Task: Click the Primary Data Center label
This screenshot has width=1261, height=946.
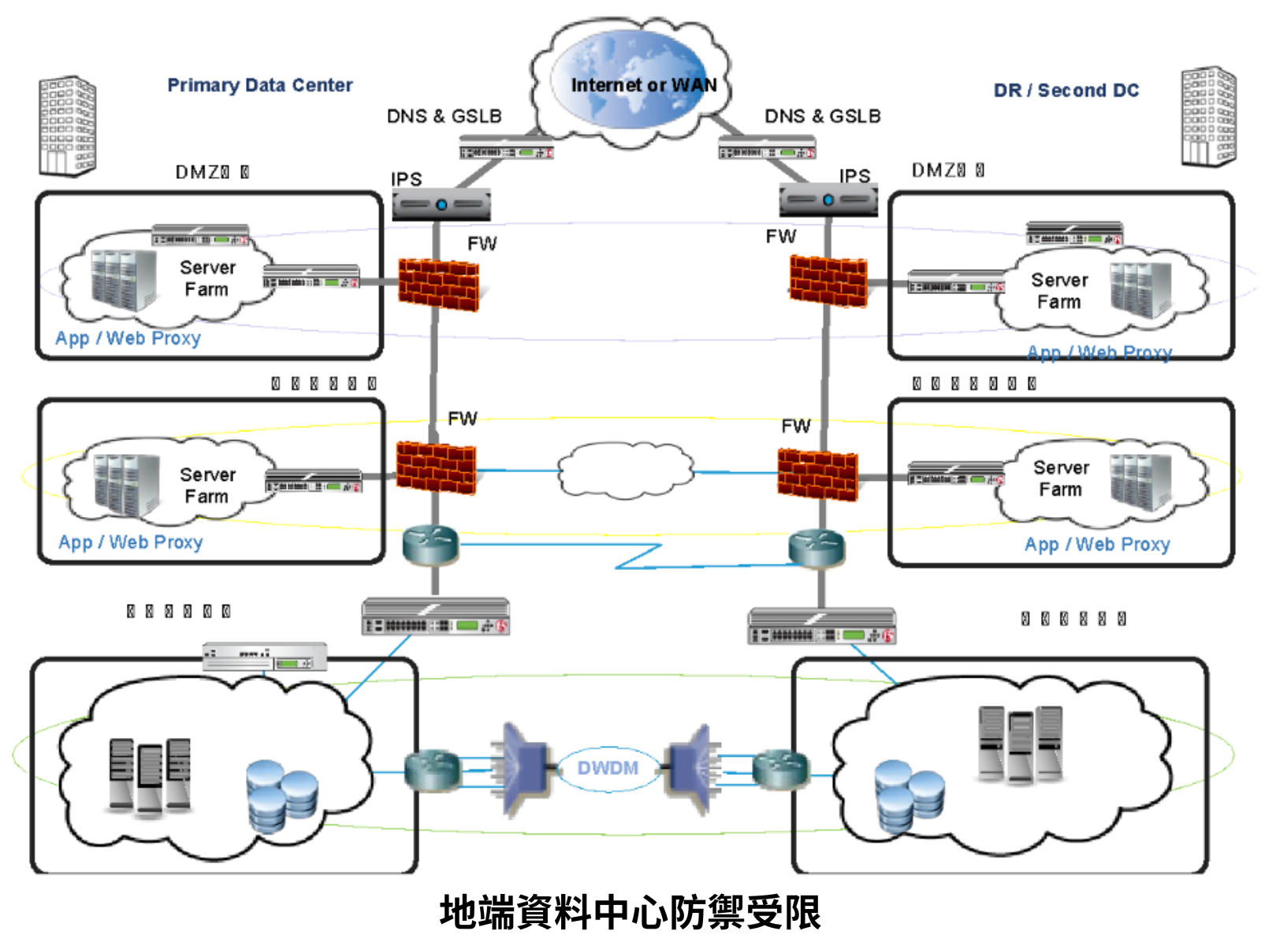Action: click(x=259, y=85)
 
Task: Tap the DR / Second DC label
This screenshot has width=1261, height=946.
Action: click(x=1066, y=91)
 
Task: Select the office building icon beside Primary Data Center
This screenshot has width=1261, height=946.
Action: click(x=68, y=126)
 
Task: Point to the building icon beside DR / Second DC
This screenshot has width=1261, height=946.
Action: click(x=1208, y=117)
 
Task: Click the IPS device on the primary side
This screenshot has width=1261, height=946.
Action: click(x=441, y=204)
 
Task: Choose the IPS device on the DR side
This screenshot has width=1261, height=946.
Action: click(x=828, y=200)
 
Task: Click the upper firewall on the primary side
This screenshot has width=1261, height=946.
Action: click(x=438, y=285)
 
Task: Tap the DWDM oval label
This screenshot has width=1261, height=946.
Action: click(x=608, y=768)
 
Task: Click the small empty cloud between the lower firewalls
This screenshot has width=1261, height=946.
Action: click(x=626, y=471)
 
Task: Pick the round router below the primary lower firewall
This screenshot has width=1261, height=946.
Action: click(x=430, y=545)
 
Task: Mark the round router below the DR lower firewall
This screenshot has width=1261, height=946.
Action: click(x=816, y=548)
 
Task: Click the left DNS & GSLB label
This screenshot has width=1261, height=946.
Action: click(x=444, y=117)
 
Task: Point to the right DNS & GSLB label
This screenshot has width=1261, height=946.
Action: click(x=822, y=117)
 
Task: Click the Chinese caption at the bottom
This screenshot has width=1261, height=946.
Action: click(x=630, y=913)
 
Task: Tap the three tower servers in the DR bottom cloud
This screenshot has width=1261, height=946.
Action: click(x=1020, y=744)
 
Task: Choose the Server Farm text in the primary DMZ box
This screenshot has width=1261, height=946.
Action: click(x=207, y=278)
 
